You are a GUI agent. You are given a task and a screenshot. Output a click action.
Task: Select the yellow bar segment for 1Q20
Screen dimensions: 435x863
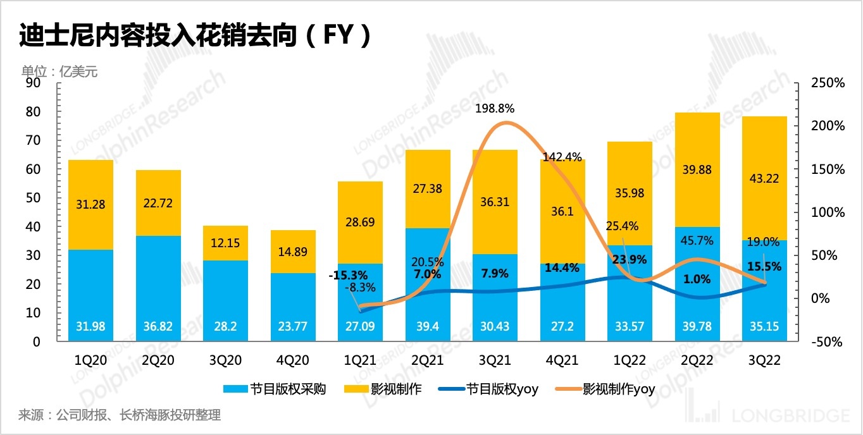tap(90, 204)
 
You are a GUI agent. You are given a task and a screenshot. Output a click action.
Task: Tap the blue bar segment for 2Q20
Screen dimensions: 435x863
tap(158, 288)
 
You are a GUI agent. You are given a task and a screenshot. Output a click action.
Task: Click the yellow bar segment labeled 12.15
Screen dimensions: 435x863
tap(225, 243)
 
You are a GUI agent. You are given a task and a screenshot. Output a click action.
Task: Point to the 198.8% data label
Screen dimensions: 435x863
tap(495, 108)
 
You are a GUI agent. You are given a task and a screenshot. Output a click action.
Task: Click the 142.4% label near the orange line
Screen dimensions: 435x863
tap(562, 157)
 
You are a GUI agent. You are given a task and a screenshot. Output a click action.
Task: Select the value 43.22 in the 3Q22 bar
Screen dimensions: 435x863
tap(764, 179)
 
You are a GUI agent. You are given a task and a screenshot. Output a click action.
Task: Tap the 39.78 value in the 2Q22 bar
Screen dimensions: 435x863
tap(697, 327)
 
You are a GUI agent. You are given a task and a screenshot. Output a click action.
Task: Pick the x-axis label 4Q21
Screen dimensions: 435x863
tap(562, 360)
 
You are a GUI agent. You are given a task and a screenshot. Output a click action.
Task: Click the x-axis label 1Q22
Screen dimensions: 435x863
tap(629, 360)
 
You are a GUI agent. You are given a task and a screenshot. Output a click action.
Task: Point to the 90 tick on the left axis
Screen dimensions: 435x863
tap(33, 83)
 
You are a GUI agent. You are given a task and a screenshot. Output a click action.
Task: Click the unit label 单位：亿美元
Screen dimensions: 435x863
tap(59, 71)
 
